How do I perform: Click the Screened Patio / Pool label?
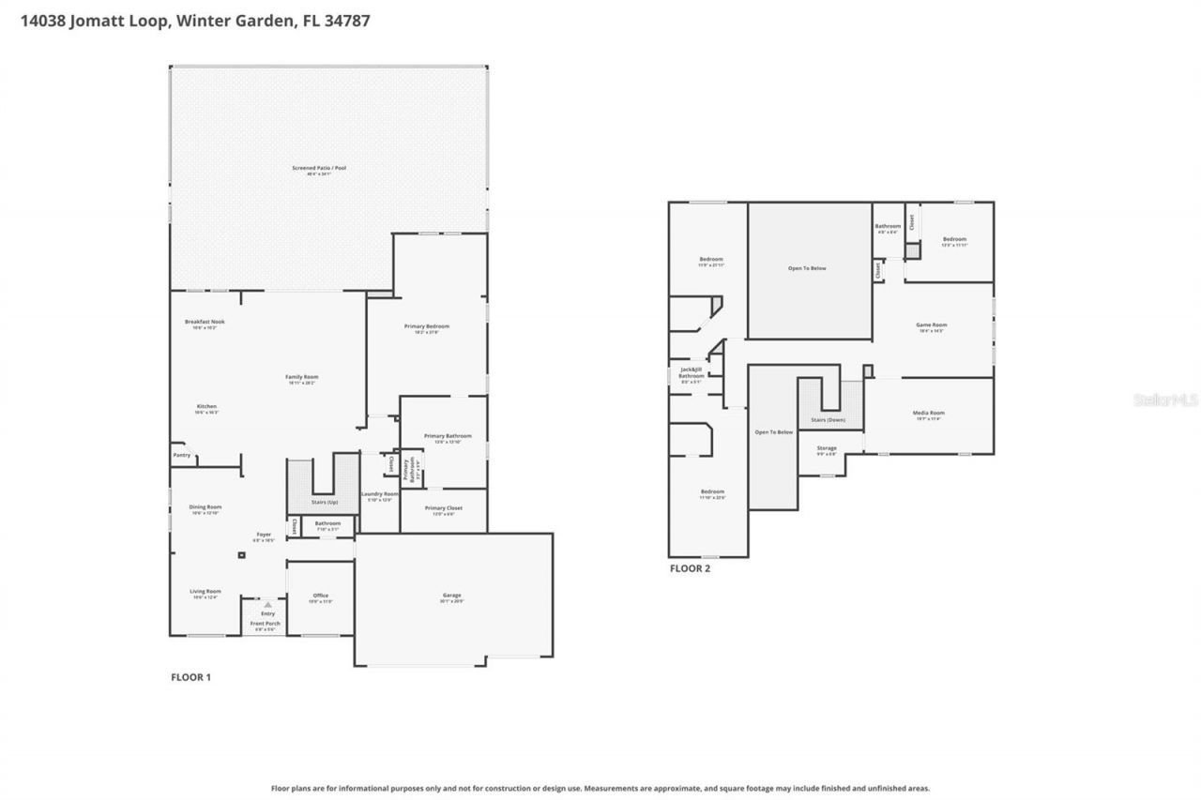(x=319, y=168)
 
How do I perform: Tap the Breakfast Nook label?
(x=204, y=322)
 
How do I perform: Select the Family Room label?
(x=301, y=377)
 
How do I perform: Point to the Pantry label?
(x=181, y=455)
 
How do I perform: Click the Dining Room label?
(x=205, y=506)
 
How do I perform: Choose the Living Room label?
(x=205, y=592)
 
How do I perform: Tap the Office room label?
(x=320, y=596)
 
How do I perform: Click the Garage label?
(x=452, y=596)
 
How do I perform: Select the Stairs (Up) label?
(x=324, y=503)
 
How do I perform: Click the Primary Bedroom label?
(x=427, y=326)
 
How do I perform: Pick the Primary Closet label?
(x=443, y=508)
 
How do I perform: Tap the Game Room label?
(x=931, y=325)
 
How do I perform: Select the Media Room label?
(x=928, y=413)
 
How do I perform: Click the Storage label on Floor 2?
(x=826, y=448)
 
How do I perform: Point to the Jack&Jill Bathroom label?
(x=691, y=373)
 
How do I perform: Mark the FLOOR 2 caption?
(x=690, y=568)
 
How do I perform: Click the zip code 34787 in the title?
(x=346, y=21)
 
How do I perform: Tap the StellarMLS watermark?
(x=1165, y=400)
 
